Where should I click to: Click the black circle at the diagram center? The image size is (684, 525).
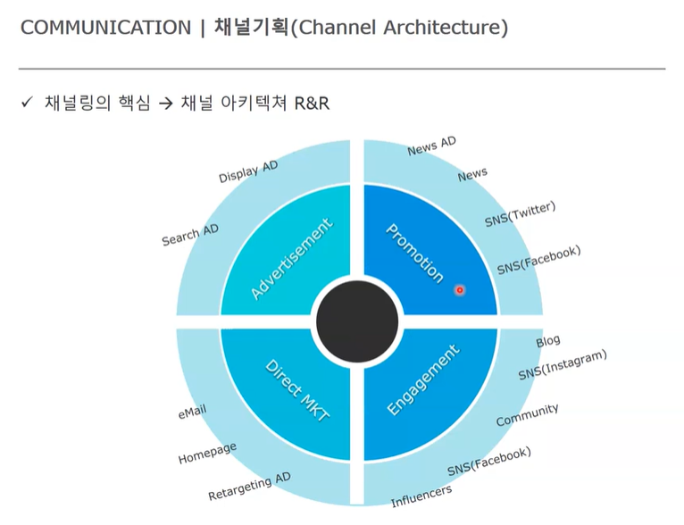point(357,321)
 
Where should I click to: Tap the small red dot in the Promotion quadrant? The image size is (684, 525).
point(460,290)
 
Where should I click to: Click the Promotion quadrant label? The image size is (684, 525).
point(415,253)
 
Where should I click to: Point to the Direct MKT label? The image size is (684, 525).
point(297,395)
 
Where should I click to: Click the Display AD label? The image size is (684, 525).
point(248,172)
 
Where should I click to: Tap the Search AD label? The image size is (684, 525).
point(190,235)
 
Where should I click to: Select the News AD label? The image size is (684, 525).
point(431,146)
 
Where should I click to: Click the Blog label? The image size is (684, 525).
point(548,341)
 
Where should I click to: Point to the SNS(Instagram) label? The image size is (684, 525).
point(563,365)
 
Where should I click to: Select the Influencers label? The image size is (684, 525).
point(421,496)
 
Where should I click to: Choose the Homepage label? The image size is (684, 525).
point(207,454)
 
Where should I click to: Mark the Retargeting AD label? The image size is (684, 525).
point(249,487)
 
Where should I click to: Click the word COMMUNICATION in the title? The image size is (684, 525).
point(105,28)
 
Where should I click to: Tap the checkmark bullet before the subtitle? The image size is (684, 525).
point(27,103)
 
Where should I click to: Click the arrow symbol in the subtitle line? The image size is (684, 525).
point(163,104)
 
